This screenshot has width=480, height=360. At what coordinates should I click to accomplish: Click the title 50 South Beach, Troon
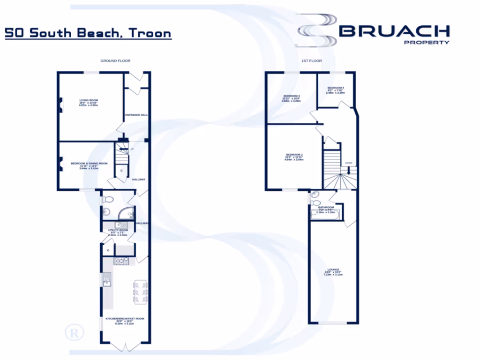point(88,34)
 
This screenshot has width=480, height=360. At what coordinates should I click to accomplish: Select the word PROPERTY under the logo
point(427,42)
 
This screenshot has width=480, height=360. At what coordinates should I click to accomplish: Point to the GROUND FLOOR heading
point(115,61)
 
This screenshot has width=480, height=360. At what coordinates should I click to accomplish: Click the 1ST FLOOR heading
point(311,61)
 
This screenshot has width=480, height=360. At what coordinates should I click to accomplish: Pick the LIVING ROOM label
point(88,100)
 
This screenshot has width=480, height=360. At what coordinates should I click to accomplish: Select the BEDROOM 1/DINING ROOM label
point(89,164)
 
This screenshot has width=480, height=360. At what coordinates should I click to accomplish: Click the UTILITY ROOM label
point(118,231)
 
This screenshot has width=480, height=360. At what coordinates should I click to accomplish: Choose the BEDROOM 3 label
point(292,96)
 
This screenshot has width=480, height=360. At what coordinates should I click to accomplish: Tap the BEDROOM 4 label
point(336,88)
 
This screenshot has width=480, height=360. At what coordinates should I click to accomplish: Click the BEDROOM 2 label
point(294,155)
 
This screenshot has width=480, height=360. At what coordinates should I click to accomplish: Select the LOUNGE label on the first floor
point(333,270)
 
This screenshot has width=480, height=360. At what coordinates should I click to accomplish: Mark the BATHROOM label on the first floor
point(326,207)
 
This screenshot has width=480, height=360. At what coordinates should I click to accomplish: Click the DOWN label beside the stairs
point(348,163)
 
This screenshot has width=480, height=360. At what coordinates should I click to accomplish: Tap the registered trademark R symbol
point(74,333)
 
